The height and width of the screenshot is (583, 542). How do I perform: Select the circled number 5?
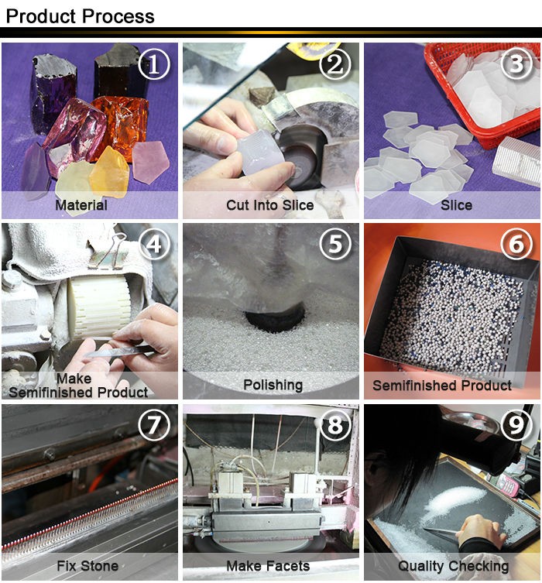334,245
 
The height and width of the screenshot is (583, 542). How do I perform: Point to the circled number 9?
516,425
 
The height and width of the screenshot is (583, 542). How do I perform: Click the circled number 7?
153,425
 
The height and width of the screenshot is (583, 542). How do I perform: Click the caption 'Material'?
81,205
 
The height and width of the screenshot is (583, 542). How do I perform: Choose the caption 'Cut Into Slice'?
270,205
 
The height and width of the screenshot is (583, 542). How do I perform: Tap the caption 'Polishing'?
273,385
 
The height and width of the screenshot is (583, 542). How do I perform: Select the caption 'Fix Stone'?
87,565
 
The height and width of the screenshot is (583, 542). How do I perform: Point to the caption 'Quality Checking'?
453,565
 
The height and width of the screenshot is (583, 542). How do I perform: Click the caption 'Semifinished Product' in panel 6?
442,385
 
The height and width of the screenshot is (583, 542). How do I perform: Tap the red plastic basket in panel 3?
480,93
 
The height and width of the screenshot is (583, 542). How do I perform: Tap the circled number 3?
516,65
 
